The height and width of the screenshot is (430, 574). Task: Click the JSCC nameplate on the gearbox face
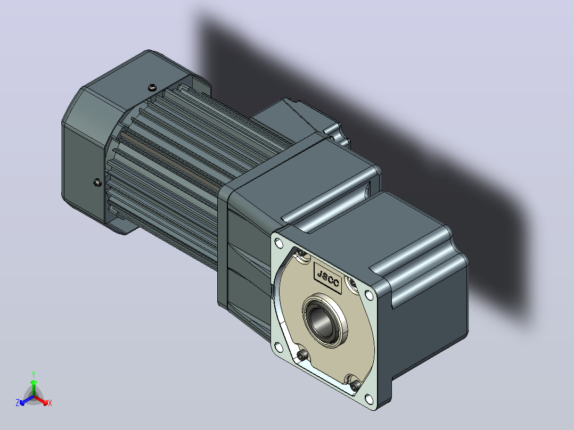(327, 278)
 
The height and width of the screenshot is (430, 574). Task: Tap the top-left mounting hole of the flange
(278, 243)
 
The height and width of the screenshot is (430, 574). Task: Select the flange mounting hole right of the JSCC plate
(370, 295)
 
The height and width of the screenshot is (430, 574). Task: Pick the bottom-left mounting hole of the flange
(278, 346)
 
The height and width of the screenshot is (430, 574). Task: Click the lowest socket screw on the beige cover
(355, 385)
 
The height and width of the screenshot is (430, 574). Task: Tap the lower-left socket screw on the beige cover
(303, 354)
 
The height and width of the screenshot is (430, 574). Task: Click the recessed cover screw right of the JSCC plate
(352, 283)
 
